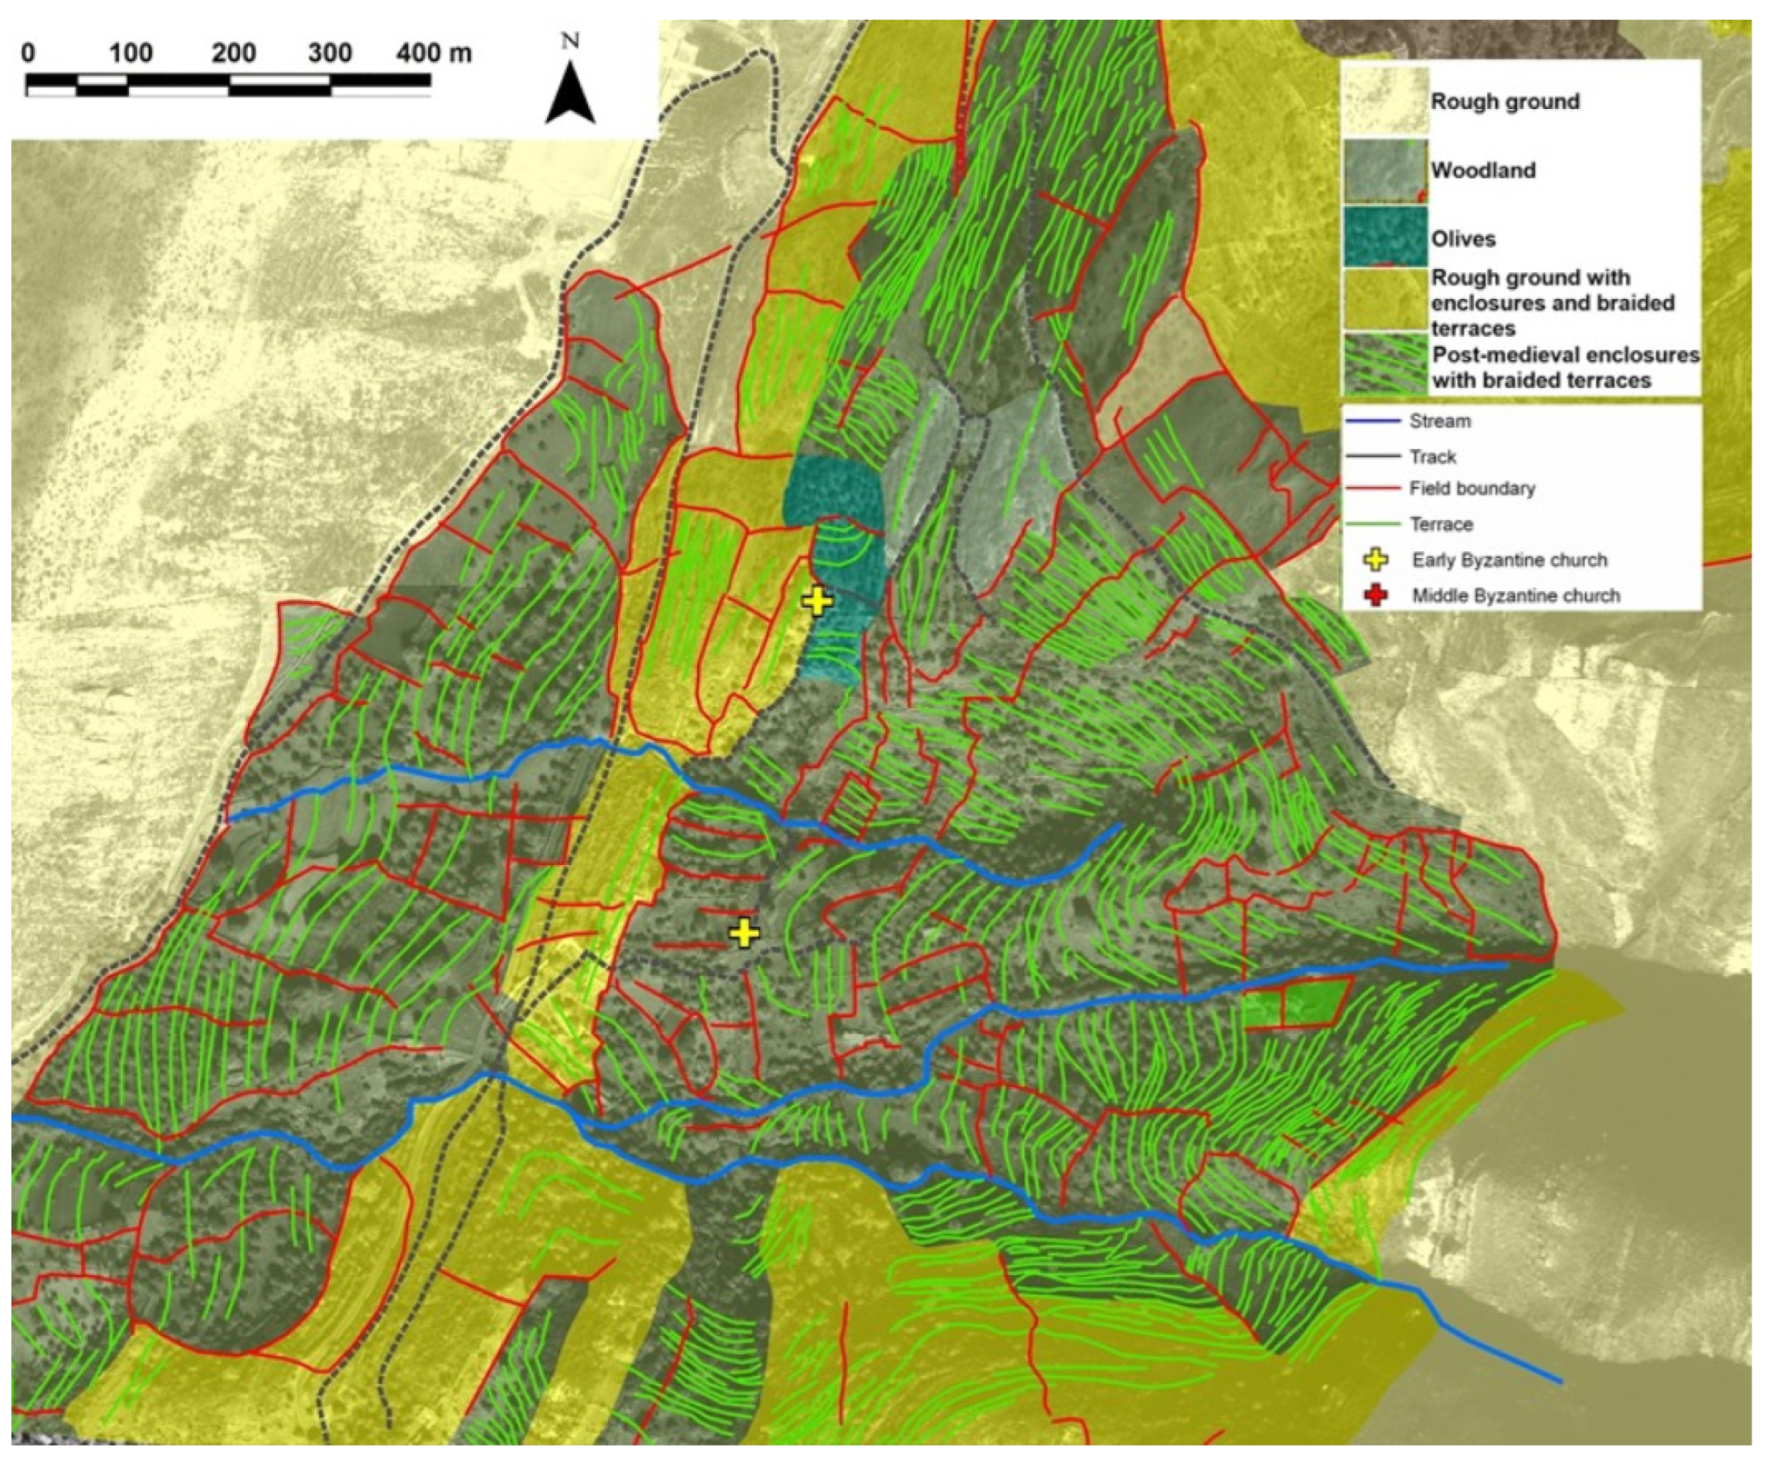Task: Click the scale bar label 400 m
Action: pos(434,53)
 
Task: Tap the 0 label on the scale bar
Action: pos(29,53)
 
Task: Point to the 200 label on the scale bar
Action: pos(234,53)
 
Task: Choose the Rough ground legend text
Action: pos(1505,101)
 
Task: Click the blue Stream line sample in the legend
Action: pos(1373,421)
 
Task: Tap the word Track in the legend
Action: pos(1432,457)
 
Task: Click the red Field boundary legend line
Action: pos(1373,488)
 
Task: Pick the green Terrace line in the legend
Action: pos(1373,524)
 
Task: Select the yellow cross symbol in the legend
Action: pos(1378,560)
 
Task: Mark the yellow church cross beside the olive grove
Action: pos(816,600)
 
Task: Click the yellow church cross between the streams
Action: pos(744,933)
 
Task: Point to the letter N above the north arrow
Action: pos(571,41)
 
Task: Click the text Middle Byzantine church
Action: pos(1516,596)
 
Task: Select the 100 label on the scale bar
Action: pos(130,53)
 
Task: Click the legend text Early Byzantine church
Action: pos(1509,560)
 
